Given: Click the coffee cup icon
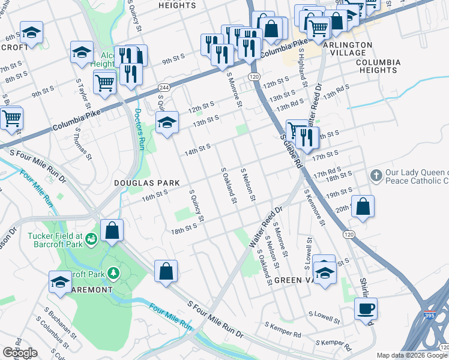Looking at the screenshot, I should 366,310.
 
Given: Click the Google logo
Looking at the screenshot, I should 20,353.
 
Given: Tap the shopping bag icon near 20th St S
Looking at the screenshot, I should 363,206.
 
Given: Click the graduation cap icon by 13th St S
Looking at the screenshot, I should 167,123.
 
